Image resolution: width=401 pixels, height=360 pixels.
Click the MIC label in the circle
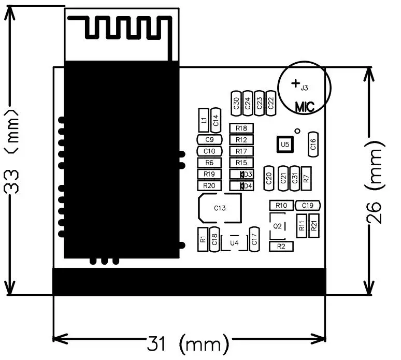click(x=305, y=107)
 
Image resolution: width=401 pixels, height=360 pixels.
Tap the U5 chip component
click(x=284, y=144)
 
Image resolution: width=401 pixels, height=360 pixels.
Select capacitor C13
click(x=220, y=208)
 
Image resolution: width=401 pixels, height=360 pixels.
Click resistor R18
click(x=241, y=128)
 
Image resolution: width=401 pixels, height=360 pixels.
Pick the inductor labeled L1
click(x=204, y=121)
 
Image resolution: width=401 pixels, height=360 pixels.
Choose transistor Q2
click(x=278, y=226)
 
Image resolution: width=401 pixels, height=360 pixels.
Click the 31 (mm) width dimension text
click(x=188, y=343)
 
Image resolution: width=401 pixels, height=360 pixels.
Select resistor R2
click(x=281, y=246)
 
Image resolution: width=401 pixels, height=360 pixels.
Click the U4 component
click(x=234, y=242)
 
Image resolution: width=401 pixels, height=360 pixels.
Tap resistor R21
click(x=313, y=226)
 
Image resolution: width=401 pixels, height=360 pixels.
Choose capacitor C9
click(x=209, y=139)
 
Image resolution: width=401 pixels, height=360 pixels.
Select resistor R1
click(x=203, y=239)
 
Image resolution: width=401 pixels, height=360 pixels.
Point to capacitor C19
click(x=308, y=206)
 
